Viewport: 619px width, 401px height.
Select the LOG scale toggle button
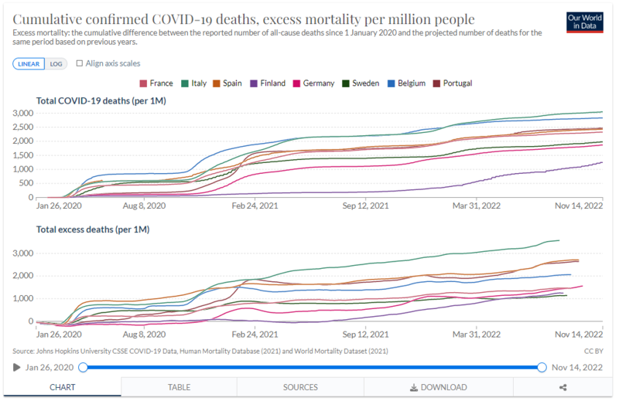point(56,63)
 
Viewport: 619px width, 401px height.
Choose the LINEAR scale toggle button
point(29,63)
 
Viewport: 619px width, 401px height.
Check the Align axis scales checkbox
point(80,63)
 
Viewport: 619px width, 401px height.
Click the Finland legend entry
point(268,83)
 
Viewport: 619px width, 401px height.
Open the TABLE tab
point(180,387)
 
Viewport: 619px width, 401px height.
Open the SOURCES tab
point(299,387)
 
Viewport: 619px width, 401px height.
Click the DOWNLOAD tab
point(438,387)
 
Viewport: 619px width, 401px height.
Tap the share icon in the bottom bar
point(562,387)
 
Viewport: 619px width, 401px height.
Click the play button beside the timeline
point(16,367)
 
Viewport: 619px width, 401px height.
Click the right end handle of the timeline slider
point(542,367)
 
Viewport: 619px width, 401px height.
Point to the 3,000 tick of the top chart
point(22,114)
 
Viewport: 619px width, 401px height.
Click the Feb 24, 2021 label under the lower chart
point(255,335)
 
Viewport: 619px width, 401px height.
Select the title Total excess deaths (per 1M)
point(93,229)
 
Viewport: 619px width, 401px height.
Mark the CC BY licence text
point(593,351)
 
